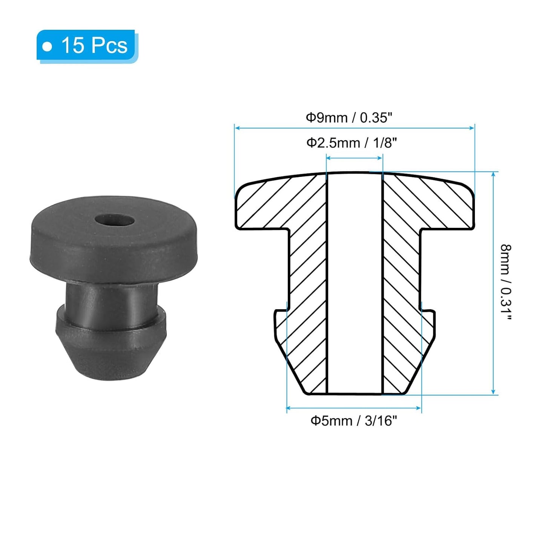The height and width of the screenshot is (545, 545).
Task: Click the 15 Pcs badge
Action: click(87, 46)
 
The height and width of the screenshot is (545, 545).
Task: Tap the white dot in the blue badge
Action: click(47, 46)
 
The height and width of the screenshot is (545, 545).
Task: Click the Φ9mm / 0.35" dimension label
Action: click(349, 118)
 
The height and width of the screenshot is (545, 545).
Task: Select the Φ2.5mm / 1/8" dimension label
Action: click(352, 143)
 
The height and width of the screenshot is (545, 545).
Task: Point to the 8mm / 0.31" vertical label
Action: click(506, 282)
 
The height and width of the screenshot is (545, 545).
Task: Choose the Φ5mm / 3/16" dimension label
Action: click(353, 421)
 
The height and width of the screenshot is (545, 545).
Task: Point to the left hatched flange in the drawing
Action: click(272, 206)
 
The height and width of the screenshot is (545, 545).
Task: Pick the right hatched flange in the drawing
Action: click(434, 206)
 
